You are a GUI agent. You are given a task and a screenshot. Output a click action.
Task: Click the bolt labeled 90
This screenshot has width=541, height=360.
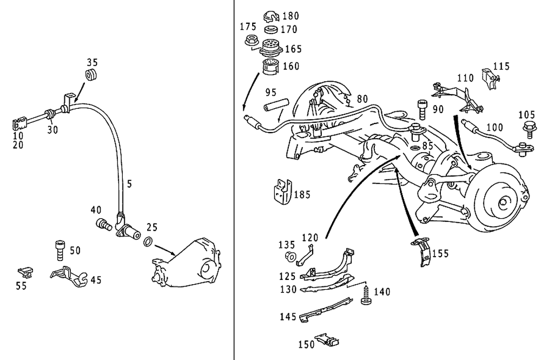(422, 110)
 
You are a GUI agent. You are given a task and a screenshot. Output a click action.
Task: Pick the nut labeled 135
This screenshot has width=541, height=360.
(289, 256)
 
